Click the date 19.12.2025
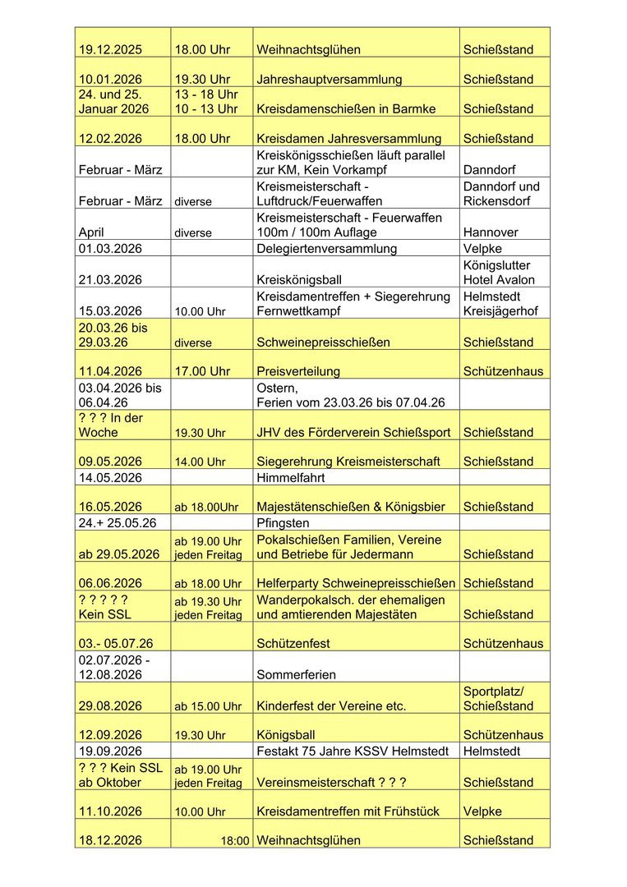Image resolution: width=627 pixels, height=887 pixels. (x=110, y=50)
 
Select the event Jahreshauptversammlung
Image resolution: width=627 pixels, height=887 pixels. (x=330, y=80)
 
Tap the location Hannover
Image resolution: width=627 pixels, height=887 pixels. (x=491, y=232)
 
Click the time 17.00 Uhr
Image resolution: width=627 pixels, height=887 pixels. (x=202, y=371)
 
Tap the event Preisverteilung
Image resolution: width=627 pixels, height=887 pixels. (x=298, y=371)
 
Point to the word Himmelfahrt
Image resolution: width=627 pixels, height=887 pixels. (x=291, y=477)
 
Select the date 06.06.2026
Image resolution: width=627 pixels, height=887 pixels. (x=110, y=583)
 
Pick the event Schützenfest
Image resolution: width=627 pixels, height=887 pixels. (x=294, y=645)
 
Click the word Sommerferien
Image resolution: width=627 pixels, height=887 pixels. (x=297, y=675)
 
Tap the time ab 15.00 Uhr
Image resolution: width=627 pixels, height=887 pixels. (x=208, y=706)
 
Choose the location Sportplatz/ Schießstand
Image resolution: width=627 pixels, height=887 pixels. (x=498, y=698)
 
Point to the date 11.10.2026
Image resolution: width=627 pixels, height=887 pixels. (x=110, y=811)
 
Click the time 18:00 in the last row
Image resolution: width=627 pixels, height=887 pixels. (x=235, y=841)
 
